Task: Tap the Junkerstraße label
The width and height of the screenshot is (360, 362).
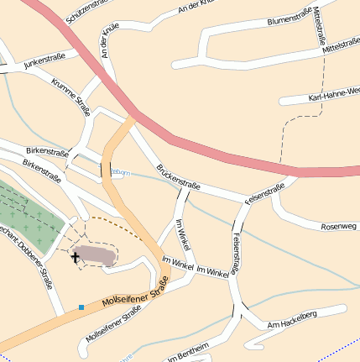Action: pos(44,61)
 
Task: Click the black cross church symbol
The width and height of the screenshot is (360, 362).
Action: pos(76,256)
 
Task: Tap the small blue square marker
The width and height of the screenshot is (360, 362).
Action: pos(81,307)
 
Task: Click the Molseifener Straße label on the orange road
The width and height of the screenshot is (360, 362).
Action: pos(129,299)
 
